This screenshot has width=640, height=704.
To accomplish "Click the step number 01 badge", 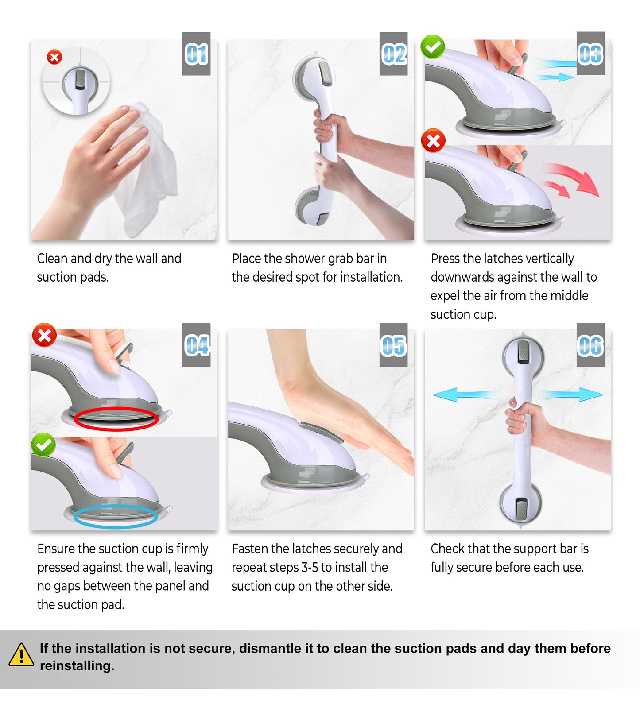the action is [x=196, y=54].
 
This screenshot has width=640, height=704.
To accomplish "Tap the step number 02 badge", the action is [x=393, y=54].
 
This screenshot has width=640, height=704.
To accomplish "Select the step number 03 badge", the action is [x=590, y=54].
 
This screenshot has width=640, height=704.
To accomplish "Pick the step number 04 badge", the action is [x=196, y=345].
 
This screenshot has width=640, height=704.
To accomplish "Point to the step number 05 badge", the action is [x=393, y=345].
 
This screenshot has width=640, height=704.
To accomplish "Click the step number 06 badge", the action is [x=590, y=345].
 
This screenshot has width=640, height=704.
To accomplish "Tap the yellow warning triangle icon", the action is [x=21, y=655].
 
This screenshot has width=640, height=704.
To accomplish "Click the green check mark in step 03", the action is [x=433, y=46].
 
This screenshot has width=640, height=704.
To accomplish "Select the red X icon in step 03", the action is [x=433, y=141].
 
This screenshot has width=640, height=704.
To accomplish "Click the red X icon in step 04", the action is [x=44, y=335].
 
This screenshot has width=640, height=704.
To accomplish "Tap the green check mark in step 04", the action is [x=43, y=445].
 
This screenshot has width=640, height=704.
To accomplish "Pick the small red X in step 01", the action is [x=54, y=57].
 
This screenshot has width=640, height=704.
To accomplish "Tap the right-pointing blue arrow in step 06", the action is [x=569, y=394].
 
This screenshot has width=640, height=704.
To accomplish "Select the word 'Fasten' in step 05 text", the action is [x=250, y=549].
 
